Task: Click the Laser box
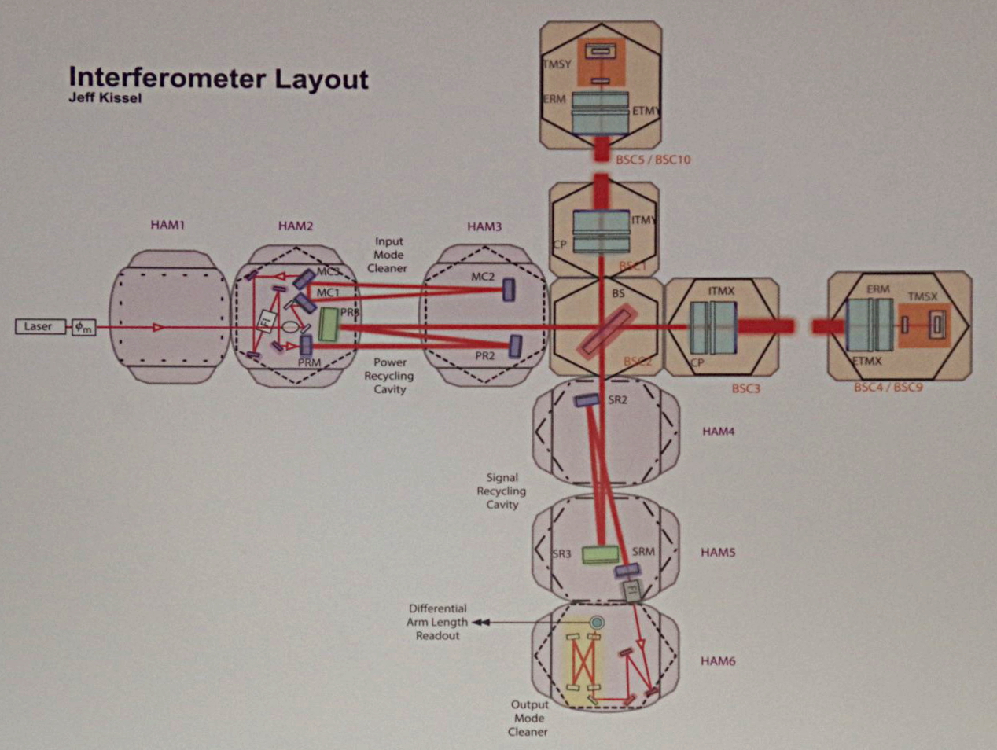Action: (x=39, y=326)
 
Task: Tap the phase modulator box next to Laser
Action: (x=83, y=327)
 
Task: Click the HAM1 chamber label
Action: (x=167, y=226)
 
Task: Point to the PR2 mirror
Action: (x=515, y=346)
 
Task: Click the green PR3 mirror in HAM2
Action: (x=328, y=325)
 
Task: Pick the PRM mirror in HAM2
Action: (x=306, y=345)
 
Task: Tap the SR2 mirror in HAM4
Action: (x=587, y=400)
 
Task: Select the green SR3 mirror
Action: (x=600, y=554)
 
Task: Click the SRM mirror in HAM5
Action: (x=627, y=570)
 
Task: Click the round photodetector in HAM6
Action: (x=597, y=623)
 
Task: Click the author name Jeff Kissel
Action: (x=105, y=99)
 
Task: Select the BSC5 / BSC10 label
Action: (x=653, y=160)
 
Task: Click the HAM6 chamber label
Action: (x=718, y=661)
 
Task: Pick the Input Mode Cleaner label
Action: (x=389, y=255)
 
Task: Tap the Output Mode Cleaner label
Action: (x=529, y=719)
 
